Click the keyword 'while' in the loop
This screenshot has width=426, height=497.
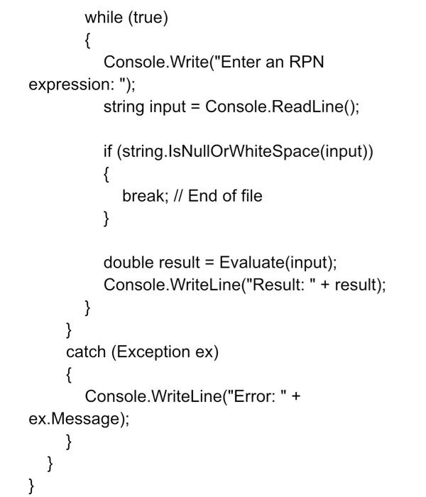click(x=104, y=18)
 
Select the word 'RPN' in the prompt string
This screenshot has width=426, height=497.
click(x=305, y=62)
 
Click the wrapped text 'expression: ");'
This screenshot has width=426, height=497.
click(x=81, y=84)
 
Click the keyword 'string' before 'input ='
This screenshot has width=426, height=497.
click(x=124, y=107)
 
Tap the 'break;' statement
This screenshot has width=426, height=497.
click(x=143, y=195)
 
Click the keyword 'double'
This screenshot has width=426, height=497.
click(x=127, y=263)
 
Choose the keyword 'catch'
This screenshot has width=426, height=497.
click(x=86, y=351)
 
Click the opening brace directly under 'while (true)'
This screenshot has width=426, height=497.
click(x=87, y=40)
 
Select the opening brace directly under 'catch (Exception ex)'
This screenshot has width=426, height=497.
click(x=69, y=374)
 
